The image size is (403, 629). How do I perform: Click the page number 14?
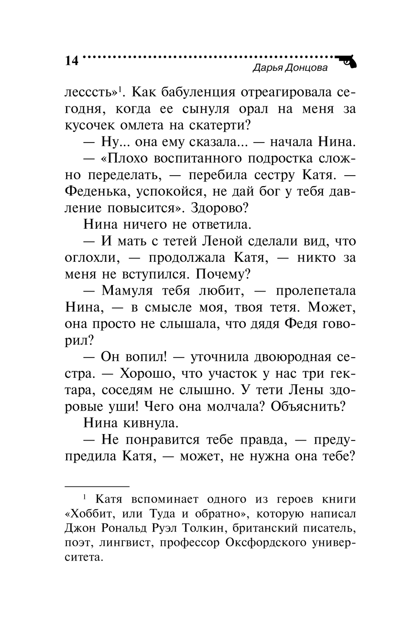point(71,61)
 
